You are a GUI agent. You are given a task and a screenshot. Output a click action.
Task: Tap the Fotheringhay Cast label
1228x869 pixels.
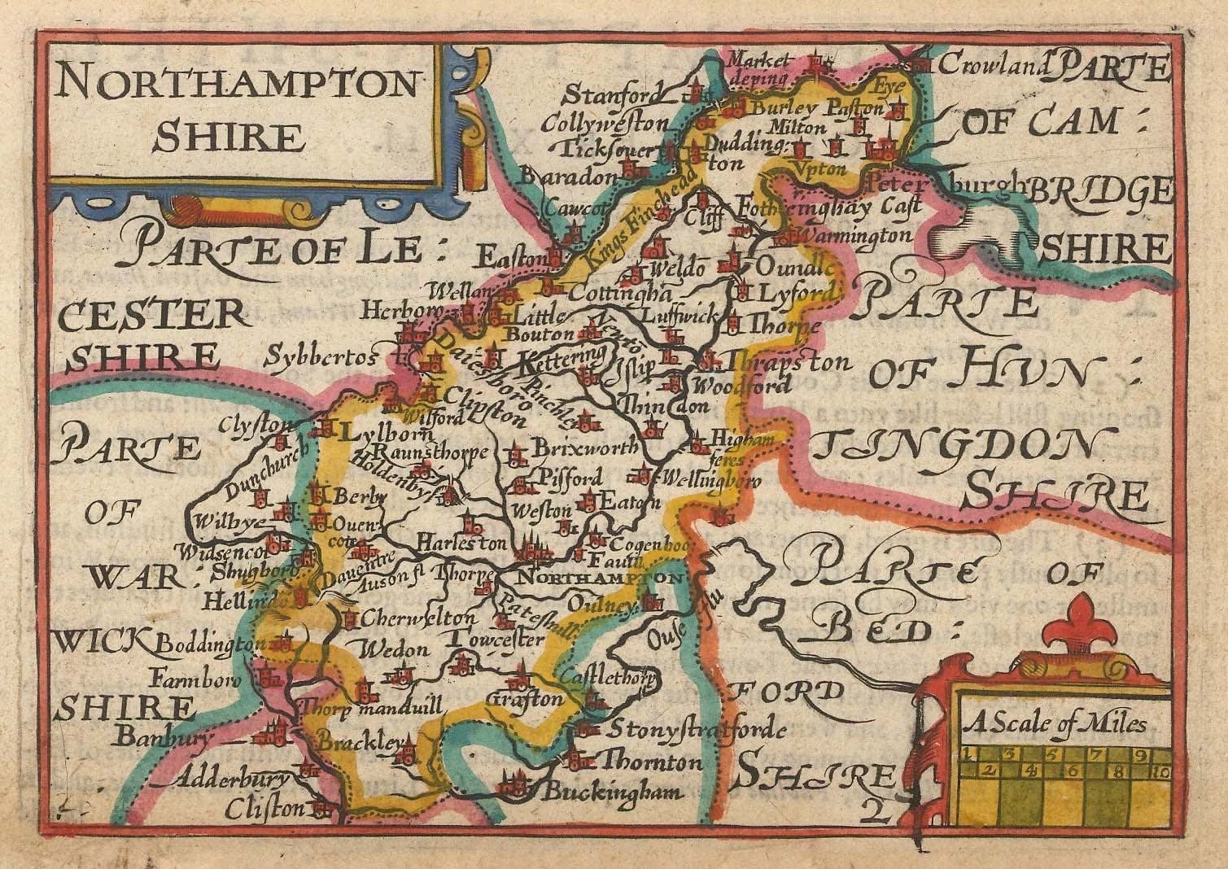tap(823, 208)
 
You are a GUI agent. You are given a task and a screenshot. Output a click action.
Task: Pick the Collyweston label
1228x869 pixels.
tap(606, 124)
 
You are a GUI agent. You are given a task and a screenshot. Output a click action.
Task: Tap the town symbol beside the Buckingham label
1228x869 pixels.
tap(513, 784)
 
